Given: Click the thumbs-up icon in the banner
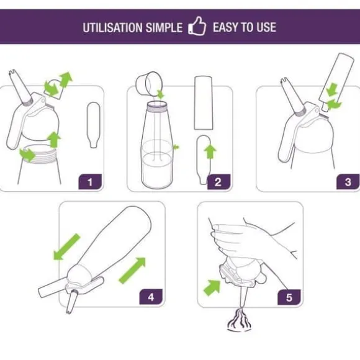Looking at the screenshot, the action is (197, 26).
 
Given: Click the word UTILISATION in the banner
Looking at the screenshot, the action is (112, 27).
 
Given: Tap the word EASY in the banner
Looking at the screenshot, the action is (225, 27).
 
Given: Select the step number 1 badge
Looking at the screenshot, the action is (90, 182).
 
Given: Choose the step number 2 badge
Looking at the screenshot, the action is (218, 182).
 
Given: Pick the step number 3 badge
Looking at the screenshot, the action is (348, 182).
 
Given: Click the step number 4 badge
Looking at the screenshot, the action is (151, 297).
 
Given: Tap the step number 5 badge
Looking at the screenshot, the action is (289, 297).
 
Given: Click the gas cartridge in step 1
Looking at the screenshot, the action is (94, 125).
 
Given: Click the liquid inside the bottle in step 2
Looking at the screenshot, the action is (156, 169).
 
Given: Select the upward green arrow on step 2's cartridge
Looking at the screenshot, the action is (210, 151).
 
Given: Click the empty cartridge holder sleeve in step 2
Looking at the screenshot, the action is (203, 103).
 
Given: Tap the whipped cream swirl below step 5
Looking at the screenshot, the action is (239, 320).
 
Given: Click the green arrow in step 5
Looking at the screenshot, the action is (212, 287).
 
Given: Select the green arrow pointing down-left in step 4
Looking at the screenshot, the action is (66, 247).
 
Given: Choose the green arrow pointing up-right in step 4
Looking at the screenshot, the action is (132, 271).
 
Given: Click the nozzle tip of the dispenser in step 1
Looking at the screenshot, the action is (12, 72).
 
